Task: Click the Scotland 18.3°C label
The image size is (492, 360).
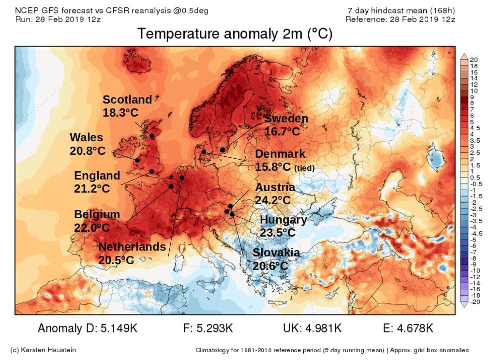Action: point(127,106)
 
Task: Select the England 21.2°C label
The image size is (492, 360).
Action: point(97,182)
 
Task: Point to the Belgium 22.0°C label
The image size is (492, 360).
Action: point(97,221)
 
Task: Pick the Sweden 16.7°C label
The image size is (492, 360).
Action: point(286,125)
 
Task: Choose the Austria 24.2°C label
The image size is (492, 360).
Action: point(275,194)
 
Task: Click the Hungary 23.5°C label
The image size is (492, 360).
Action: point(283,226)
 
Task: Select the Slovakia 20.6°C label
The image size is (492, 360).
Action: point(276,259)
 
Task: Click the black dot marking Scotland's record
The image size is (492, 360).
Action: point(152,135)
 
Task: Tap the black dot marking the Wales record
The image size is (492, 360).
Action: point(137,160)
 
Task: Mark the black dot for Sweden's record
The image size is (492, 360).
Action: point(223,150)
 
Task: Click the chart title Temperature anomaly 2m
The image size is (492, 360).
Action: point(235,33)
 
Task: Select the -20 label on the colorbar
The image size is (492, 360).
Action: point(474,301)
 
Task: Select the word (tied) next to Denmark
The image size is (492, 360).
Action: point(304,168)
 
